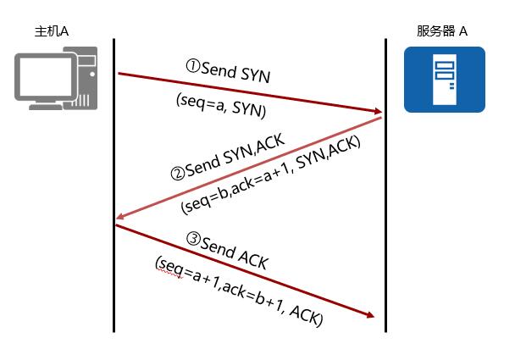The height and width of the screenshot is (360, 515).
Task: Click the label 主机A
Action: [x=50, y=31]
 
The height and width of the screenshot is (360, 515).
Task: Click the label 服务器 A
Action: [x=442, y=31]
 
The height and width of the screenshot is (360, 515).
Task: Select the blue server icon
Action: [x=444, y=80]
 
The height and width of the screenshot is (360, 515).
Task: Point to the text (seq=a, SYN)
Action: [x=221, y=105]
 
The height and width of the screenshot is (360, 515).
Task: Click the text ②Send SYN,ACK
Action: [x=227, y=158]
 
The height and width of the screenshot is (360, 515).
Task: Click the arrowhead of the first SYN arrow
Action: [x=378, y=112]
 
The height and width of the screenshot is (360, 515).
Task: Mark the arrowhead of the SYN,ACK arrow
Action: [x=119, y=219]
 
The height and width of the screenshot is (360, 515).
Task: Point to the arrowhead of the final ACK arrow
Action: [x=369, y=316]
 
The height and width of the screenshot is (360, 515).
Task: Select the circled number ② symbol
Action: [x=178, y=174]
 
